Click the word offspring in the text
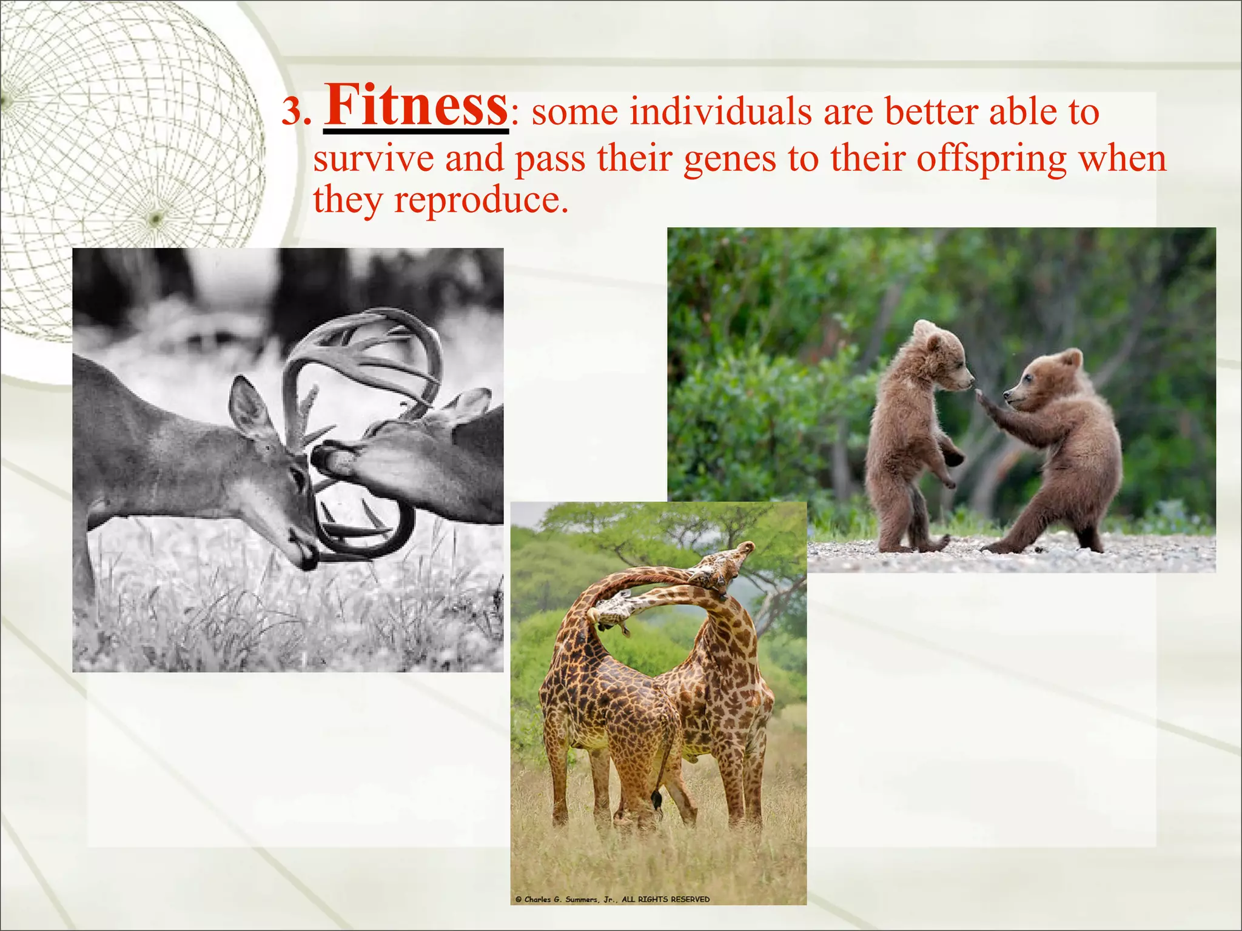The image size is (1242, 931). point(991,159)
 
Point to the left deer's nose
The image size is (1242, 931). point(307,558)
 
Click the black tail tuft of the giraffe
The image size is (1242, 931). point(656,801)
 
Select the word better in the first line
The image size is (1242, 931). point(932,113)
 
